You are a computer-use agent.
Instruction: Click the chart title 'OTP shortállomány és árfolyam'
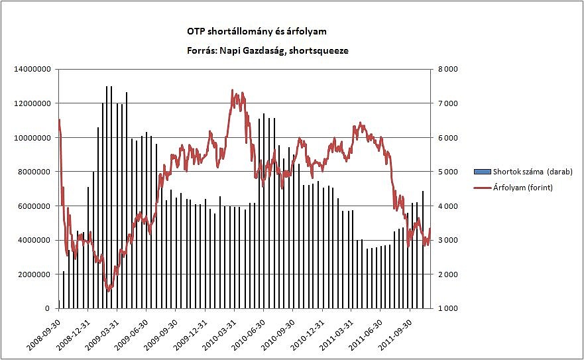pos(257,31)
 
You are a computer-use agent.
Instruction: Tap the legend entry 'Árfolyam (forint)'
pos(522,188)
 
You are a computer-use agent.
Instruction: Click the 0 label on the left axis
pos(46,309)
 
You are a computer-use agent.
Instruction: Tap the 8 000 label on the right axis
pos(447,69)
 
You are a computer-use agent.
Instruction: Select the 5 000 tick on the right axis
pos(447,172)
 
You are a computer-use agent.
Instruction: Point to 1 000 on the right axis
pos(447,309)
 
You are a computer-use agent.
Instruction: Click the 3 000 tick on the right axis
pos(447,240)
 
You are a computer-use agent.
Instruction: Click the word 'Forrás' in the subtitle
pos(202,50)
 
